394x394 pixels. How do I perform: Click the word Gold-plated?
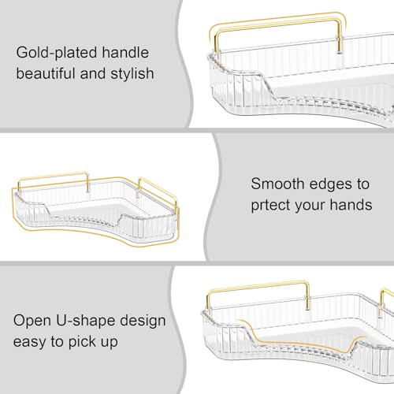click(x=57, y=53)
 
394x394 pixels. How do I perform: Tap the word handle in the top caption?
click(x=125, y=52)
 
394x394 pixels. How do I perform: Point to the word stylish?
click(x=132, y=73)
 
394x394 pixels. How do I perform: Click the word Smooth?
click(x=277, y=184)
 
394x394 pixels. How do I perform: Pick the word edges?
click(x=331, y=184)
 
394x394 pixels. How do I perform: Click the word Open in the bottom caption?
click(x=32, y=321)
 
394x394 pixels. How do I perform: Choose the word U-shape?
click(x=86, y=321)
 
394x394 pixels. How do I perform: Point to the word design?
click(x=143, y=321)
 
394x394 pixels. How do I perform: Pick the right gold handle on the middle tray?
click(x=158, y=188)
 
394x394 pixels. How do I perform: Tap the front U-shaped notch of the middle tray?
click(x=84, y=215)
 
